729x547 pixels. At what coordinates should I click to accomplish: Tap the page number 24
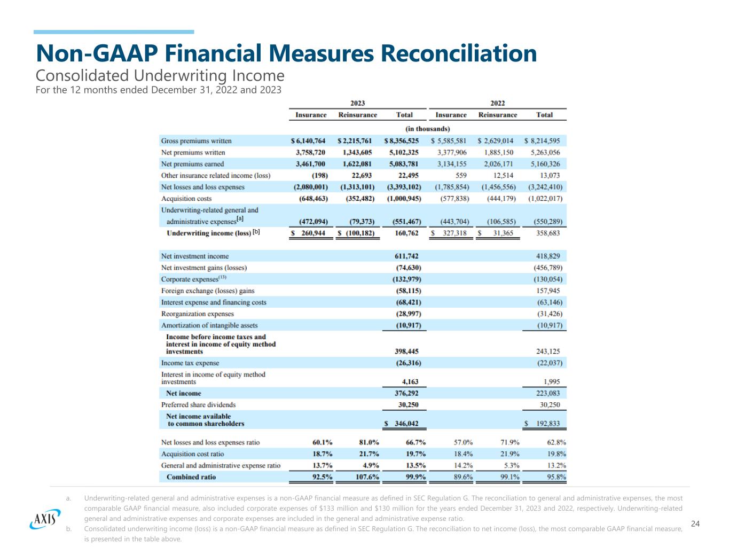point(695,523)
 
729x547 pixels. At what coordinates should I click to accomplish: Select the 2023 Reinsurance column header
point(357,115)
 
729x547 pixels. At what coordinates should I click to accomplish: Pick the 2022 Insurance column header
point(451,115)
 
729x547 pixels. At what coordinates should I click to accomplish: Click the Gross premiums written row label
point(197,141)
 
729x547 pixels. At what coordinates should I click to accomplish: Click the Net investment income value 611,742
point(407,256)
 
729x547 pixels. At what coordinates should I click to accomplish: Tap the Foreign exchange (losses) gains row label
point(208,291)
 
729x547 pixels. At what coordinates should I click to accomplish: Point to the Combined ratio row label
point(191,477)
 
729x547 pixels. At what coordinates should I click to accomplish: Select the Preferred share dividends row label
point(198,405)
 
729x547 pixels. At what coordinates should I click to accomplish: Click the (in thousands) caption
point(427,129)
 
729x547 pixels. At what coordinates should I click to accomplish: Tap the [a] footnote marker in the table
point(240,218)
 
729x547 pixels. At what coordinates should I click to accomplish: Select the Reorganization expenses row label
point(198,314)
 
